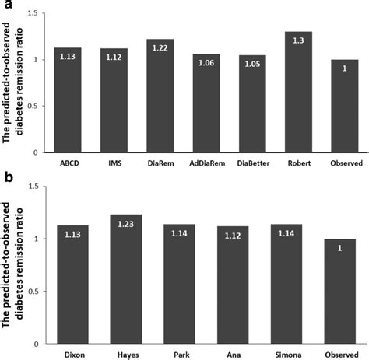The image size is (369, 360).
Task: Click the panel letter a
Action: click(x=6, y=6)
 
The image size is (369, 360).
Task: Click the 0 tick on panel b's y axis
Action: click(x=37, y=344)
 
